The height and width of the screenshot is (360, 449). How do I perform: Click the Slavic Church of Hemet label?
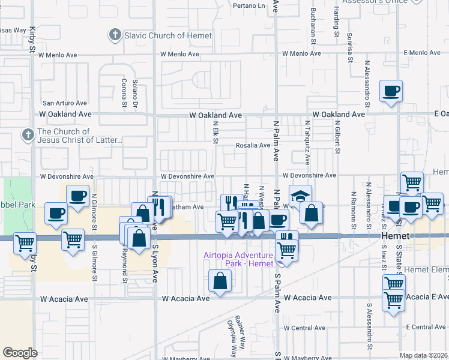point(167,35)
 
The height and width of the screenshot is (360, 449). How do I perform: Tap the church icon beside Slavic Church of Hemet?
point(115,35)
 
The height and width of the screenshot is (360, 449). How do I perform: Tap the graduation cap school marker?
point(300,196)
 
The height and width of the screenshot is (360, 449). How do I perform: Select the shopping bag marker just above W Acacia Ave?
point(220,281)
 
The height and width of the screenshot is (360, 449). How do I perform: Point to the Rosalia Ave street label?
point(253,145)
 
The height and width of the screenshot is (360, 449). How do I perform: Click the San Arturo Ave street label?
point(64,103)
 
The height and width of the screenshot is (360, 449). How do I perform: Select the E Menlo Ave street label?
point(423,53)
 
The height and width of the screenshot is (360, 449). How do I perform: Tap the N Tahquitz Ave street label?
point(307,143)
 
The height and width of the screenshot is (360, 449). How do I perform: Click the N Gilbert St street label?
point(338,136)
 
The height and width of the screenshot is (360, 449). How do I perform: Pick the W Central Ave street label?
point(305,328)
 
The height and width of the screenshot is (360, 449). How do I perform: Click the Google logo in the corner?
point(20,353)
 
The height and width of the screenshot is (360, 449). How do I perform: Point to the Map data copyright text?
point(424,355)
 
